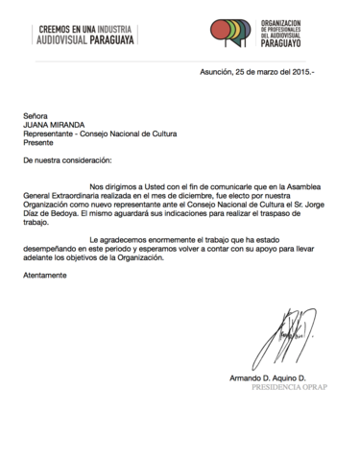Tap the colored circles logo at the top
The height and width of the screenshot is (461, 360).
[236, 33]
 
